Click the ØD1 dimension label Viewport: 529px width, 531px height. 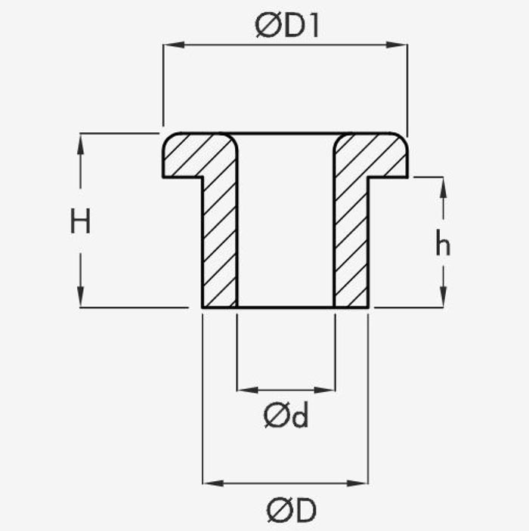[286, 26]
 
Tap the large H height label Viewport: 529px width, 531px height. [80, 221]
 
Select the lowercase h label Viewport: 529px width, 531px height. [443, 242]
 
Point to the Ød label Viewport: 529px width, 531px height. [286, 415]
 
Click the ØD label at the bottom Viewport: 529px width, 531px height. [292, 510]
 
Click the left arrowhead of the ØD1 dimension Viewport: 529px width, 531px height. [174, 45]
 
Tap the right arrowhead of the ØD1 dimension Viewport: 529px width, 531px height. [397, 45]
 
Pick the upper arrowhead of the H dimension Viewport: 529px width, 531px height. [80, 144]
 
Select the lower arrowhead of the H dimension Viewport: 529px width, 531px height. [80, 297]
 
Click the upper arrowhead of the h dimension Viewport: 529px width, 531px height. [444, 187]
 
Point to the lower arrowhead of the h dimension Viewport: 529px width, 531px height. [444, 297]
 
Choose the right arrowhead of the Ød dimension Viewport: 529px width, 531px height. [325, 390]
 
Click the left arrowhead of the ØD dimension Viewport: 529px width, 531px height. [213, 483]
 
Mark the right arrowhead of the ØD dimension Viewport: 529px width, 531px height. [357, 483]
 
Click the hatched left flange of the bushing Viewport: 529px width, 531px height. [190, 155]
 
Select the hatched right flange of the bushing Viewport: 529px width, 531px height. [379, 155]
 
